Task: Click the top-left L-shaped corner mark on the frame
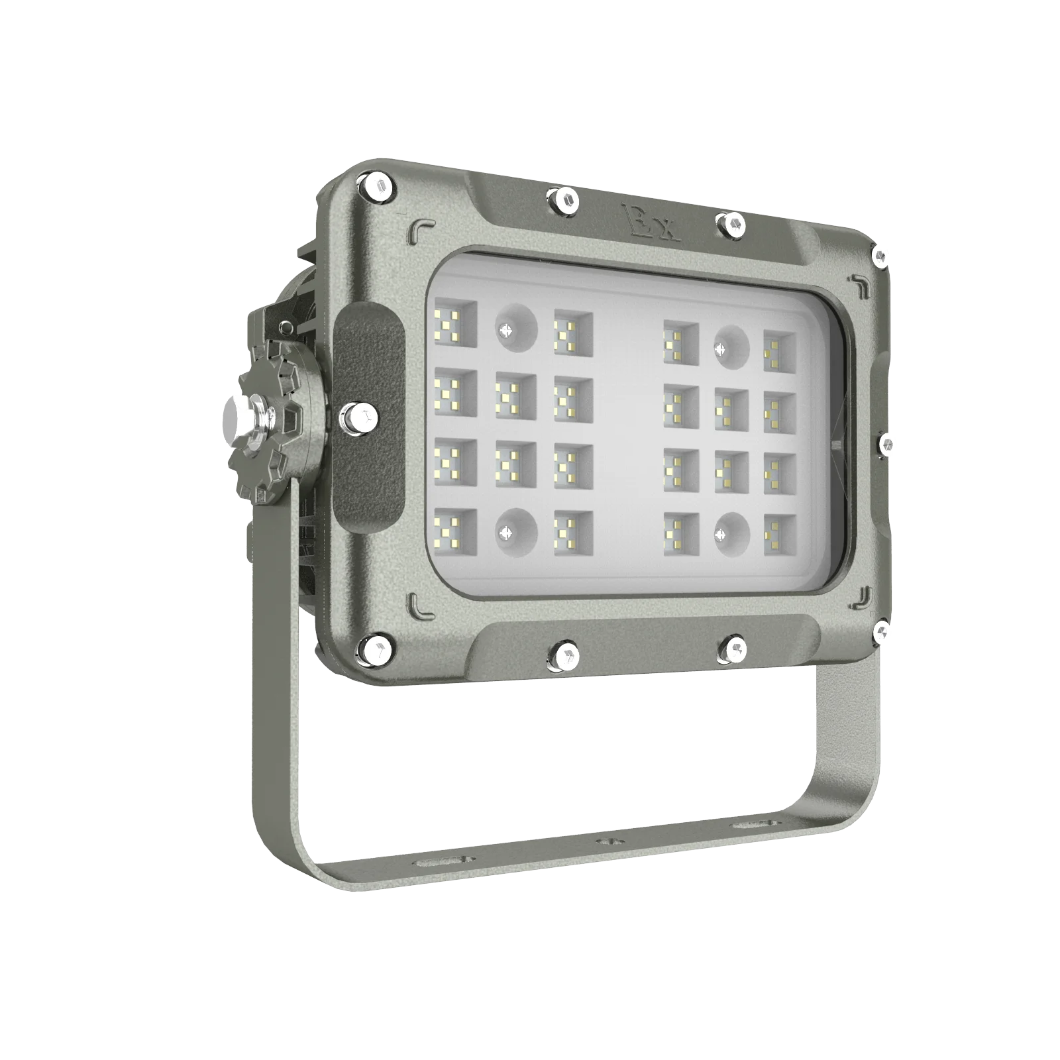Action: tap(420, 228)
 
